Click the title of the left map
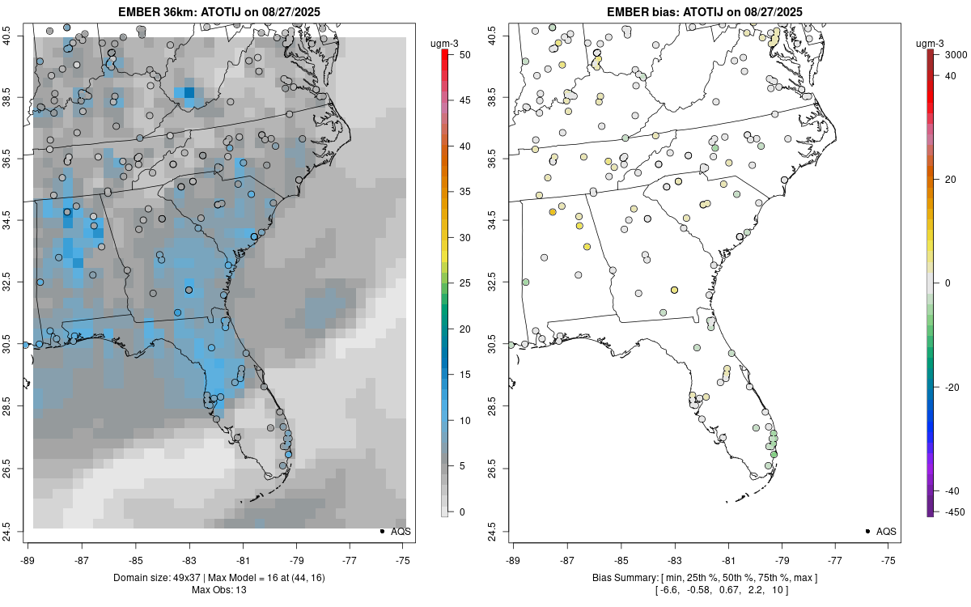point(219,11)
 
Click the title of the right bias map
point(705,11)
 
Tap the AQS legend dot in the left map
point(381,532)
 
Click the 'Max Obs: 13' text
point(219,590)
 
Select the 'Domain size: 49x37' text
point(159,578)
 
